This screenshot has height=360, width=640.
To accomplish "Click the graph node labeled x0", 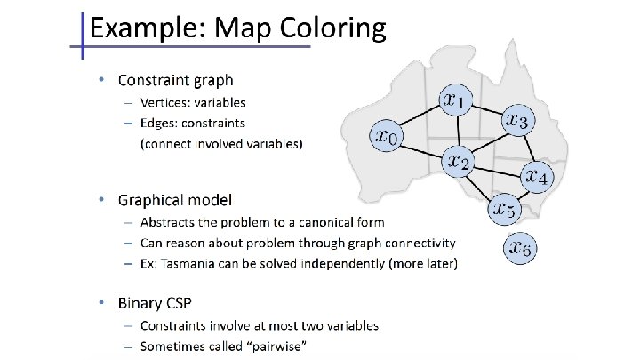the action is pyautogui.click(x=388, y=136).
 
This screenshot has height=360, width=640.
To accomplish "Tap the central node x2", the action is pyautogui.click(x=460, y=161).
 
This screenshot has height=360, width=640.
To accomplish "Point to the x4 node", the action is pyautogui.click(x=538, y=176).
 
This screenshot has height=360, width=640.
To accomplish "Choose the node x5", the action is pyautogui.click(x=504, y=210).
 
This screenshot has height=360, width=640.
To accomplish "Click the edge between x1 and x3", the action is pyautogui.click(x=489, y=109).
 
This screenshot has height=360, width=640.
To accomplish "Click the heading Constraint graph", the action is pyautogui.click(x=171, y=80).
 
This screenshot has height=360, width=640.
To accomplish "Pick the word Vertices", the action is pyautogui.click(x=167, y=102).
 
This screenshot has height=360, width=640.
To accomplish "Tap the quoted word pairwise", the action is pyautogui.click(x=277, y=346).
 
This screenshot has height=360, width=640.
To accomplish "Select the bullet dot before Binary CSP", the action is pyautogui.click(x=103, y=303).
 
